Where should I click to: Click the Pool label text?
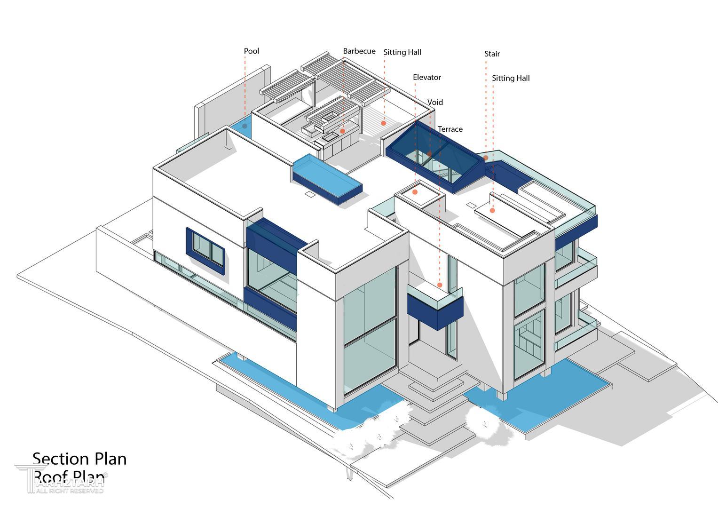[251, 51]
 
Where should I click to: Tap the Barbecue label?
[359, 51]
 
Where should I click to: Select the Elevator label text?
[426, 78]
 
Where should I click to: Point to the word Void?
[435, 103]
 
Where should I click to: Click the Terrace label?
[450, 129]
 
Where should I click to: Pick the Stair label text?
[492, 54]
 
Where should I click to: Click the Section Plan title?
[79, 459]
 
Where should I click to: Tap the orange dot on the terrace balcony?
[440, 285]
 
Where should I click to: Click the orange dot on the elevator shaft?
[415, 192]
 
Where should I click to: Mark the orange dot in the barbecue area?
[342, 131]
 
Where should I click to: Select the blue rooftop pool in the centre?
[327, 178]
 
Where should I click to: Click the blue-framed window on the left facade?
[205, 249]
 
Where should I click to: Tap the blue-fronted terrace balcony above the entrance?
[435, 308]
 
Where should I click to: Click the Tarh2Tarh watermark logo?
[61, 480]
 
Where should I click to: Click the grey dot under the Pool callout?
[245, 126]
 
